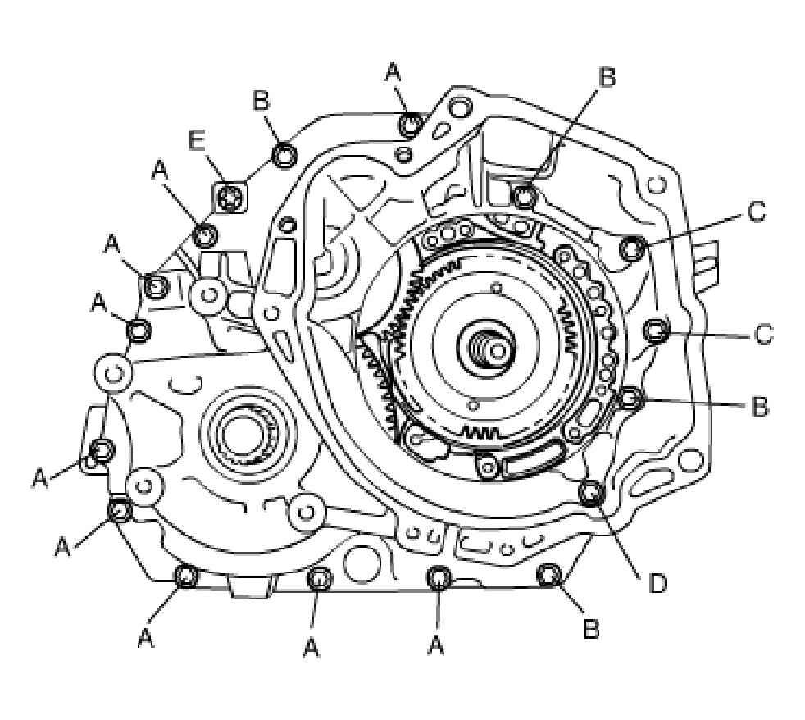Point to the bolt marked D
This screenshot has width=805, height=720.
tap(590, 492)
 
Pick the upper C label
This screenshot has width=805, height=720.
tap(756, 212)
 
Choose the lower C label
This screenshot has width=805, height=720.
tap(762, 335)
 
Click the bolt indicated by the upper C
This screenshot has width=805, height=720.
tap(633, 248)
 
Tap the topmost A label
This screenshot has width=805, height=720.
tap(393, 72)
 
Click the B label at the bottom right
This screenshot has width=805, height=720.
tap(590, 630)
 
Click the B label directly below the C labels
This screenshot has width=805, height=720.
tap(759, 405)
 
